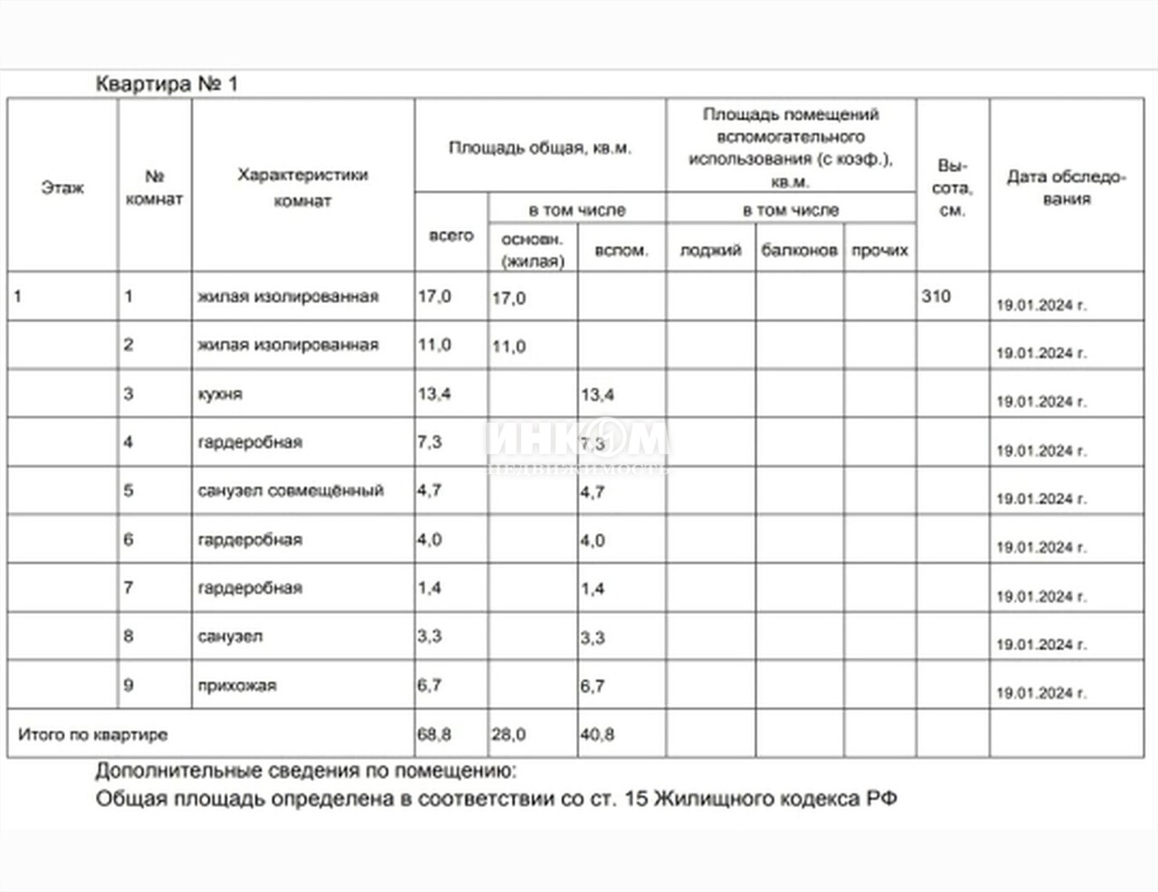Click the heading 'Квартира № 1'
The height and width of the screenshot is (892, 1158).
[x=166, y=84]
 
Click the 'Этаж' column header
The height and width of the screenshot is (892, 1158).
[x=62, y=188]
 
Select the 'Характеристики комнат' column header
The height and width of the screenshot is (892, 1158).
[x=302, y=187]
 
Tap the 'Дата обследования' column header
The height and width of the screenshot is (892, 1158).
[x=1066, y=187]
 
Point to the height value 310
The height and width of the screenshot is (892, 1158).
[x=935, y=296]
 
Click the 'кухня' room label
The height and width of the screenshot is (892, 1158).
[x=220, y=394]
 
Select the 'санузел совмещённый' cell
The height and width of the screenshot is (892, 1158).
[x=290, y=490]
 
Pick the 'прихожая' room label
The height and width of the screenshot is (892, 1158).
[x=237, y=686]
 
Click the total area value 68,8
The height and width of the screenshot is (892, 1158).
[x=434, y=735]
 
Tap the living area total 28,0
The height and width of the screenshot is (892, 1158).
[x=508, y=735]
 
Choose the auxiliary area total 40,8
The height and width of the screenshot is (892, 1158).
[x=597, y=735]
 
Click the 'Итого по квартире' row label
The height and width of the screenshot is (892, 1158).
[x=93, y=735]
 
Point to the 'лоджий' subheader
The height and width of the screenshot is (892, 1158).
[x=710, y=251]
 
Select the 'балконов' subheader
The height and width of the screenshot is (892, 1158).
[x=799, y=251]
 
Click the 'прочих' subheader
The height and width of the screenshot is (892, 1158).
[x=879, y=251]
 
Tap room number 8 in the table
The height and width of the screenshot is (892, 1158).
[x=128, y=636]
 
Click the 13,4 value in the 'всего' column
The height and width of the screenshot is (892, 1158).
[x=434, y=394]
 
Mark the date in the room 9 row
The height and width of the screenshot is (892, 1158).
[x=1040, y=693]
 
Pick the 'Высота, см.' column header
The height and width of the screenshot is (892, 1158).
[x=952, y=188]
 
